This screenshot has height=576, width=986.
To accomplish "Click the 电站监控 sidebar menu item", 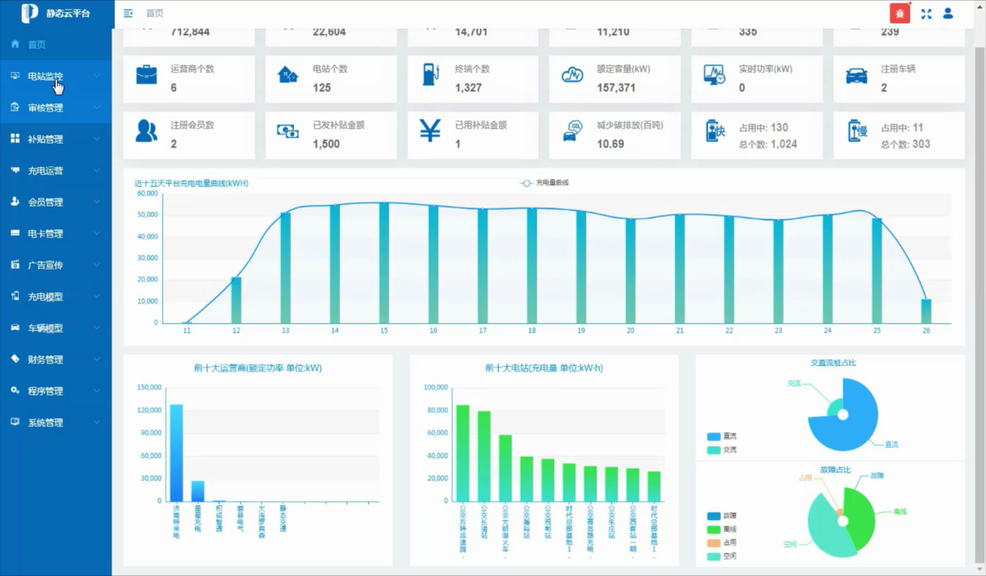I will click(46, 76).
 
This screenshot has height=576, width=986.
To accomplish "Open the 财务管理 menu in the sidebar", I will click(46, 360).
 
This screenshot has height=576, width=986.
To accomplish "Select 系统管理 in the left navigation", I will click(46, 423).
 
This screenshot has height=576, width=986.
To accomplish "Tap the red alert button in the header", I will click(899, 14).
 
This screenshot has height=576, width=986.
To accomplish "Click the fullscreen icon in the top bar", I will click(926, 14).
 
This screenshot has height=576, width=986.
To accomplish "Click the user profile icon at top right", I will click(948, 13).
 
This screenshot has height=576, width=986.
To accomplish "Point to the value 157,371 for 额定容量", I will click(616, 88).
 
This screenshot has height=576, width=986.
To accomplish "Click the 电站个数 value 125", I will click(322, 88).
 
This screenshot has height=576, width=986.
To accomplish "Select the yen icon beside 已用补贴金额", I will click(430, 131).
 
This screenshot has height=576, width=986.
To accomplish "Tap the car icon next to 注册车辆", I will click(857, 76).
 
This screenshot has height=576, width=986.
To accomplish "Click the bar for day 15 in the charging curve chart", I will click(384, 263).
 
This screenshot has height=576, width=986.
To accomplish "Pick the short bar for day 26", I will click(926, 311).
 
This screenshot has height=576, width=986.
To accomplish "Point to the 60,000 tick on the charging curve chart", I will click(148, 194).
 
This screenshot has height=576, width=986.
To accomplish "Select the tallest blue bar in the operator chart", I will click(176, 452).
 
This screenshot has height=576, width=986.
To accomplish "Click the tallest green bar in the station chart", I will click(462, 453).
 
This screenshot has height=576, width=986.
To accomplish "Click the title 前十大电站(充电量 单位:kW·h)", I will click(544, 368).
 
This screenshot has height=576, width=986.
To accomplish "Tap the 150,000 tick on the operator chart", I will click(150, 387).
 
